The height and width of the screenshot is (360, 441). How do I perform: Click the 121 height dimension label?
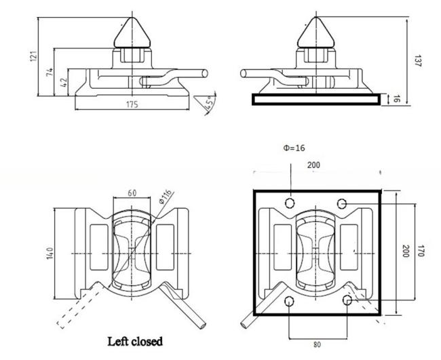tap(34, 56)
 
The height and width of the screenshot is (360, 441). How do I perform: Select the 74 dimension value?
tap(50, 72)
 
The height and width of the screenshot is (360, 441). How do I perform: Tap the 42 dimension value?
tap(64, 82)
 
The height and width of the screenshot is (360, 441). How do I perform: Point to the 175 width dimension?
tap(132, 104)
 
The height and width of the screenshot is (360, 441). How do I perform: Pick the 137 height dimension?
tap(418, 61)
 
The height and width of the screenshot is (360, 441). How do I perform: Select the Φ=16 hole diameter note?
tap(294, 148)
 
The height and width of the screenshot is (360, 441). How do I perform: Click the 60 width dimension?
tap(132, 193)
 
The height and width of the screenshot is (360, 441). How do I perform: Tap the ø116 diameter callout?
tap(165, 197)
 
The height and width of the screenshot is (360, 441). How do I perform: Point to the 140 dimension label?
tap(50, 253)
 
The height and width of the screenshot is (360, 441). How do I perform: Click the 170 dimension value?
tap(421, 251)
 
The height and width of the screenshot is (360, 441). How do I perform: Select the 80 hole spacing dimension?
tap(317, 344)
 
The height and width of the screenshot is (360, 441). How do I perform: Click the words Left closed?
tap(135, 342)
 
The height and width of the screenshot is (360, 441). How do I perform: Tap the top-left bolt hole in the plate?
tap(290, 203)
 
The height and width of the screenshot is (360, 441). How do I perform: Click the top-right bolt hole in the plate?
tap(342, 203)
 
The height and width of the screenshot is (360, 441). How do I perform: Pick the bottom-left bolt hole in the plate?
tap(289, 302)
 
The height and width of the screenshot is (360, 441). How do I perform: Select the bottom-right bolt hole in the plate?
tap(347, 300)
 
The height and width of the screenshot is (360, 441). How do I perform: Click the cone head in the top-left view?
tap(132, 33)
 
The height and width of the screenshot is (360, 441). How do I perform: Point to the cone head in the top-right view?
tap(316, 33)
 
